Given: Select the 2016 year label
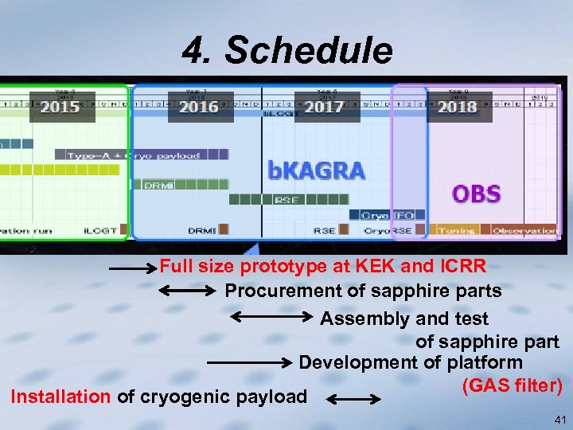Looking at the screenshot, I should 199,107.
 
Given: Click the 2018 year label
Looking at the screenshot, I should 457,107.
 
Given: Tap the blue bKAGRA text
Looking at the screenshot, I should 316,170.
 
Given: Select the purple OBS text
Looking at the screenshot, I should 476,193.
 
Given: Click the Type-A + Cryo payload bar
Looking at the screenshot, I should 131,155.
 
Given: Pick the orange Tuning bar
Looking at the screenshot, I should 457,230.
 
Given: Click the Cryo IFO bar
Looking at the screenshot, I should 387,215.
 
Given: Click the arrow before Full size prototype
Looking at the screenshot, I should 133,270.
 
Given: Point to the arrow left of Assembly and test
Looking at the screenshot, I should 271,318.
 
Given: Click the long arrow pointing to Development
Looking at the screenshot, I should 249,362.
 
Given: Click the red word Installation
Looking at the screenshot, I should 60,396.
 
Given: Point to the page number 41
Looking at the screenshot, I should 559,419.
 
